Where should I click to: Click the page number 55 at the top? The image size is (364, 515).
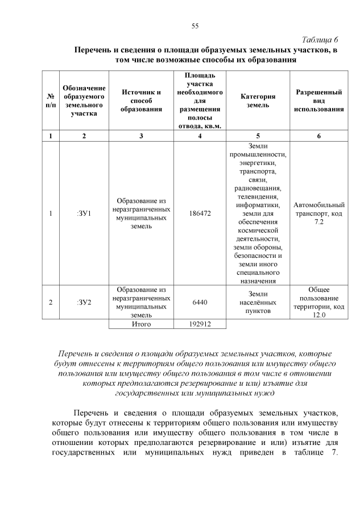(195, 26)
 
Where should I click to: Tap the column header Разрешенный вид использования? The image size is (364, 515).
(318, 101)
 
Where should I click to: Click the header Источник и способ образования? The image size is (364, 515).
(140, 101)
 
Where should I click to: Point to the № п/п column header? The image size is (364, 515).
(51, 101)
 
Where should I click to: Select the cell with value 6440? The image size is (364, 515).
(199, 302)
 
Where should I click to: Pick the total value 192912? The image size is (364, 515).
(199, 323)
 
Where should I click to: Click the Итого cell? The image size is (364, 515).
(140, 323)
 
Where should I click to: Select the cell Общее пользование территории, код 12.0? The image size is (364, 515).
(318, 302)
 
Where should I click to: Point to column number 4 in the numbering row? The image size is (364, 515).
(199, 136)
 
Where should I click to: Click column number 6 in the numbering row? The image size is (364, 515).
(318, 136)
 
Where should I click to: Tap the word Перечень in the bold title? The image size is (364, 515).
(94, 50)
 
